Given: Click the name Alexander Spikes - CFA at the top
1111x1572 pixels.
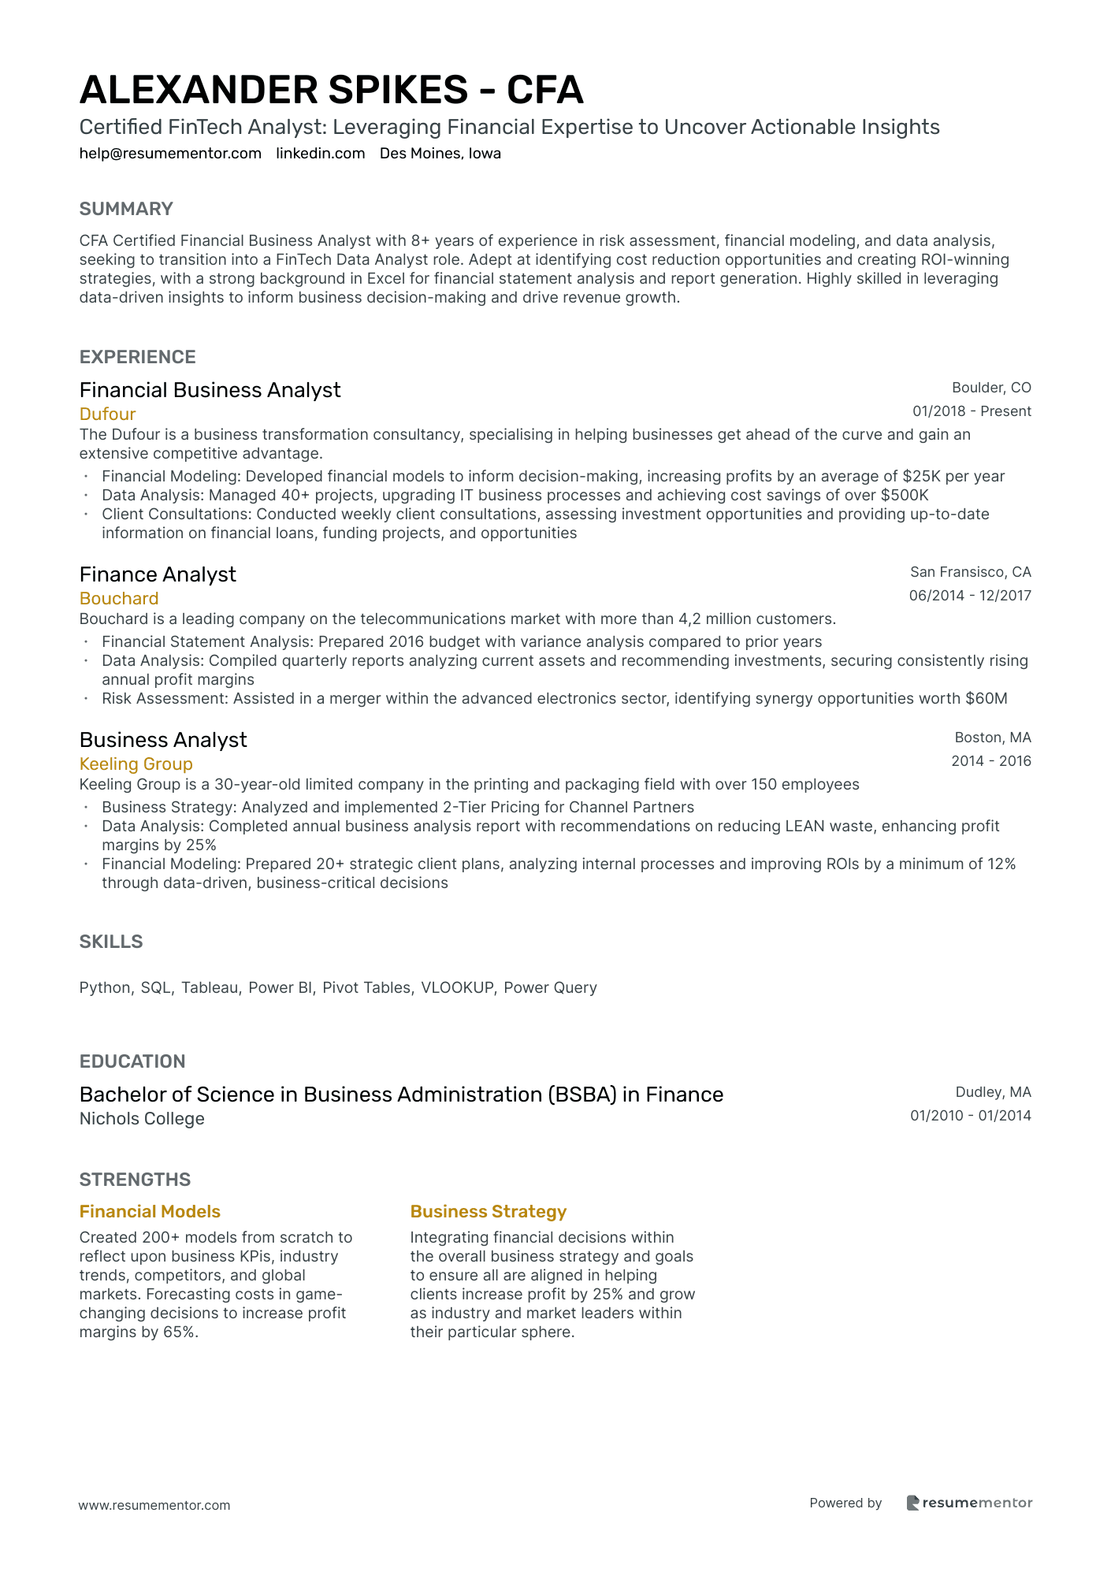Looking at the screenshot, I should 331,90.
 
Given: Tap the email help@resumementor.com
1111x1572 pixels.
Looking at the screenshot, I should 170,154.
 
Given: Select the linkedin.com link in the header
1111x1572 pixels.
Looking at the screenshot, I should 321,154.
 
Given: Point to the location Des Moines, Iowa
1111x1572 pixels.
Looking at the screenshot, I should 440,154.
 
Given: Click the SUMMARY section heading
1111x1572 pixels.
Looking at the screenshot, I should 126,209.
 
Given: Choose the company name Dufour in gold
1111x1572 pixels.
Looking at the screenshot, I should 107,414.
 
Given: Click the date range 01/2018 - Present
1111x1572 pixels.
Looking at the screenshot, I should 972,411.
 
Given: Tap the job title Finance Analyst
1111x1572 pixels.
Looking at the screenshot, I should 158,574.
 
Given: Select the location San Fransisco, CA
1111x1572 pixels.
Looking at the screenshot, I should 970,572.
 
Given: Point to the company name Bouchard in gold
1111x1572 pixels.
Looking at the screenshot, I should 119,599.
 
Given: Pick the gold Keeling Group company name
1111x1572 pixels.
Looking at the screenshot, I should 136,764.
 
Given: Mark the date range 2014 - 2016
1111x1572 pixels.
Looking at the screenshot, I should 990,761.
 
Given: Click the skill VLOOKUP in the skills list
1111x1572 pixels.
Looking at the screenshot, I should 457,988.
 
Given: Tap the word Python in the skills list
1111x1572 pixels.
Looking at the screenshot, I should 105,988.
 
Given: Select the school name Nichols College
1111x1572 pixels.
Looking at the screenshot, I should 142,1119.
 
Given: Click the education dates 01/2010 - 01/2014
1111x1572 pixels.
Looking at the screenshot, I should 970,1116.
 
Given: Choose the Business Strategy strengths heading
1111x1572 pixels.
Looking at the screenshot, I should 489,1212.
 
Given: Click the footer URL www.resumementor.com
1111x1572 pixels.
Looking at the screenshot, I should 154,1505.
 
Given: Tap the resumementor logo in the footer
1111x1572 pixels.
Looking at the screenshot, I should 969,1503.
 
